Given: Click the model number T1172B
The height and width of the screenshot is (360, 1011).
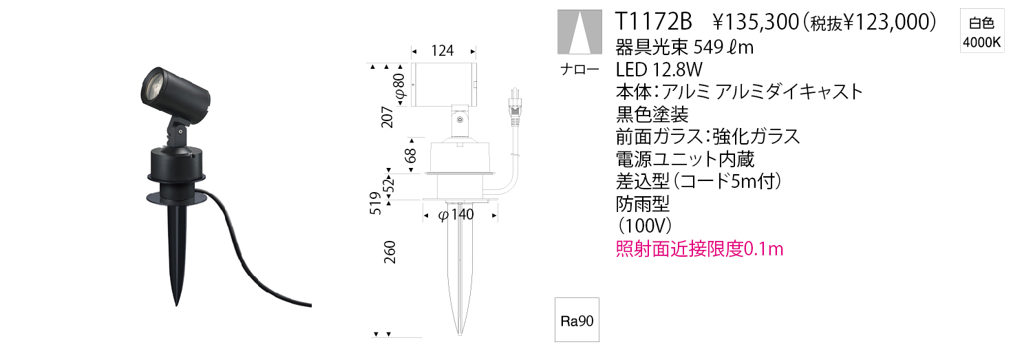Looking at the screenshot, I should [x=654, y=23].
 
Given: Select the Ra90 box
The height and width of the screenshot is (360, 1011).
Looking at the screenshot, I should [x=577, y=320].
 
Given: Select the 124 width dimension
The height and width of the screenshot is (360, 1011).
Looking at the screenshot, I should [x=443, y=52].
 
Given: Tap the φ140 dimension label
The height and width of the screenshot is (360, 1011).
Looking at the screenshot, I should [x=456, y=215].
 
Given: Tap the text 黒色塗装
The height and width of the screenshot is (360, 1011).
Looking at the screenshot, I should [x=651, y=114].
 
